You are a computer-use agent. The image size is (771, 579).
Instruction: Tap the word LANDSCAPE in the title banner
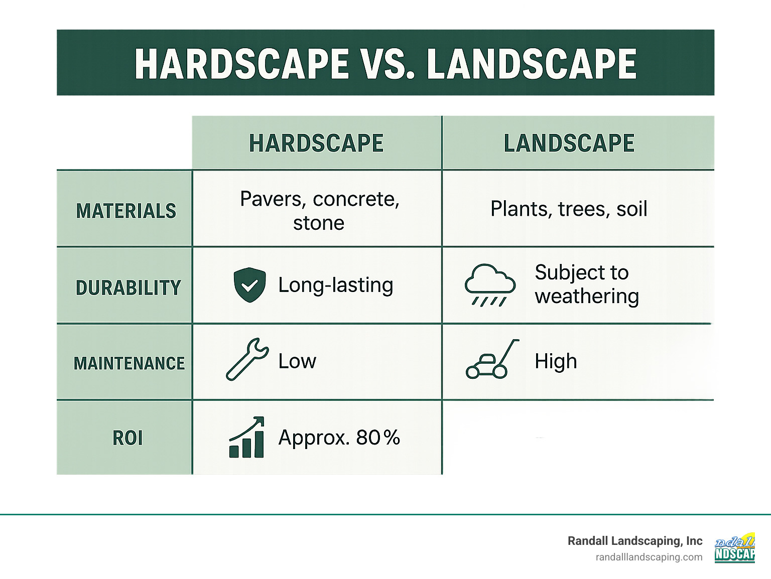pos(532,64)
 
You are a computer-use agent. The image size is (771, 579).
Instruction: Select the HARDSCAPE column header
pos(316,143)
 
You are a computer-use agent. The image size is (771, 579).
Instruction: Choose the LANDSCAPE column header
pos(569,143)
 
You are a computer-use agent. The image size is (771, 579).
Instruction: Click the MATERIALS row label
pos(126,211)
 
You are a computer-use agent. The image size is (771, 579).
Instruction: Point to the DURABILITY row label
pos(128,288)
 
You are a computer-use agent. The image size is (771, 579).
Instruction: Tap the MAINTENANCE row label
pos(129,363)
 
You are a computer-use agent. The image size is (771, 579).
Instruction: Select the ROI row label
pos(127,438)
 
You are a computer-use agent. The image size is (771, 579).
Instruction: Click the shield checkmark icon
pos(249,285)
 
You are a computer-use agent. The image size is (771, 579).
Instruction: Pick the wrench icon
pos(247,359)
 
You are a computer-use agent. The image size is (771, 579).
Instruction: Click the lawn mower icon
pos(491,360)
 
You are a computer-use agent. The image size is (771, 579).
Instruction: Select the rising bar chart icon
pos(246,438)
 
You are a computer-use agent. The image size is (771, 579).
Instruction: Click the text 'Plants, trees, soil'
pos(569,209)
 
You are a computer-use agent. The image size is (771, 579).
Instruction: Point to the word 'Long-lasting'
pos(335,285)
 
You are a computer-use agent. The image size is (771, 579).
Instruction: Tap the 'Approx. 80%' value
pos(339,438)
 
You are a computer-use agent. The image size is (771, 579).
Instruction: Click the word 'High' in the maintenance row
pos(556,361)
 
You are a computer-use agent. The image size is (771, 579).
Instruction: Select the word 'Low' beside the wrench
pos(297,361)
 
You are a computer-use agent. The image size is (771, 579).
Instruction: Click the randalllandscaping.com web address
pos(649,557)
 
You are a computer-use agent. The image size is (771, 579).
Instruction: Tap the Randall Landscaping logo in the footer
pos(734,548)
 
